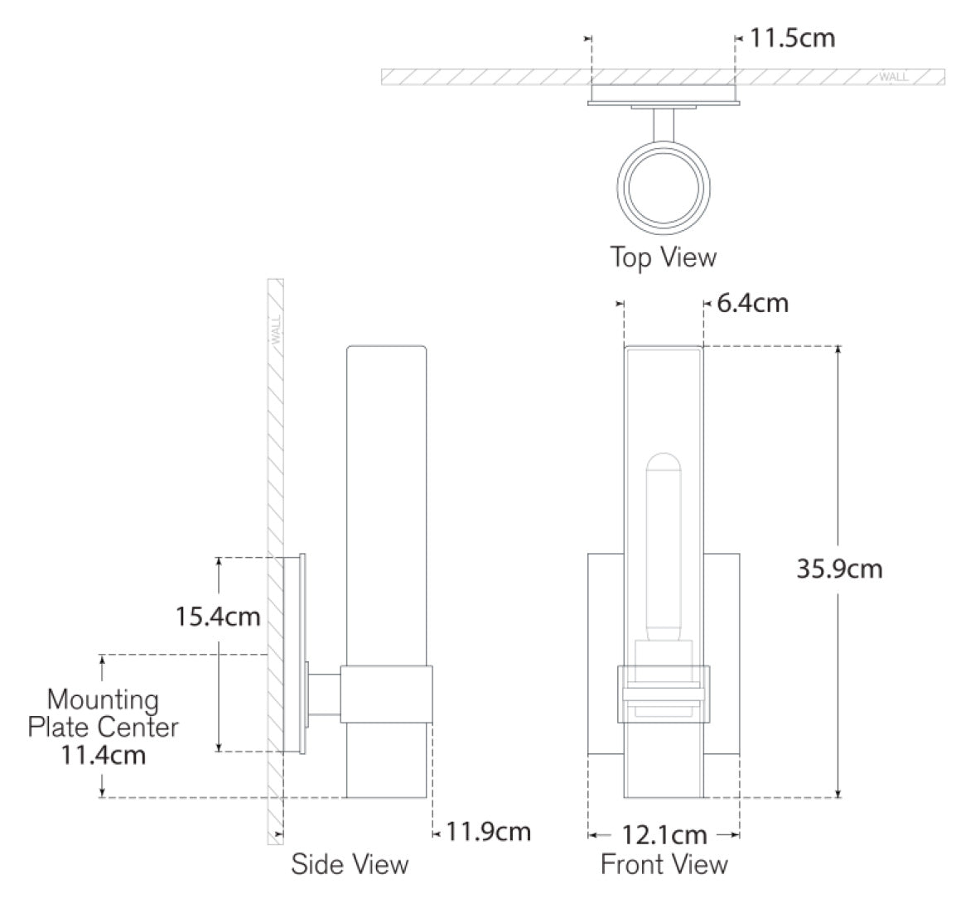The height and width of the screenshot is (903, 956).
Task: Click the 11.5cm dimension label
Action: pos(791,38)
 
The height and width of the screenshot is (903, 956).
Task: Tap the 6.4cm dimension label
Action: pos(752,303)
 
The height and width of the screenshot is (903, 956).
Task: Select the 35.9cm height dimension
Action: pos(839,569)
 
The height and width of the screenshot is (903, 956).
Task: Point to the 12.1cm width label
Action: pos(664,835)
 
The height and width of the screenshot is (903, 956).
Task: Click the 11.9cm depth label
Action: pos(489,832)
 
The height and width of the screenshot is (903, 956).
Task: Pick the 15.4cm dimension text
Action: pos(218,616)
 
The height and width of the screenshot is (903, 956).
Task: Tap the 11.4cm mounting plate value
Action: pos(103,756)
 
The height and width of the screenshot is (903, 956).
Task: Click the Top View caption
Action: pos(664,257)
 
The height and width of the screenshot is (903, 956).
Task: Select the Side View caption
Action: pos(350,864)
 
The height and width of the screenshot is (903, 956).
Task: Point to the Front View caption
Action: pos(664,864)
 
